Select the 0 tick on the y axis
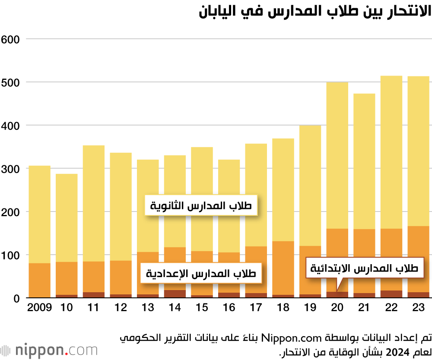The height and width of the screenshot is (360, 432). (16, 298)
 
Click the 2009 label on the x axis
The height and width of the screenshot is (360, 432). (39, 308)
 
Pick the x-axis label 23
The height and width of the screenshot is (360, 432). (419, 308)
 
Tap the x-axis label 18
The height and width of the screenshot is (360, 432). (283, 308)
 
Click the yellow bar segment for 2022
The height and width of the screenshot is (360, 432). (391, 151)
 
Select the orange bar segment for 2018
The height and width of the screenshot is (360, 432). (283, 268)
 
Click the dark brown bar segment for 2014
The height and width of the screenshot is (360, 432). (175, 294)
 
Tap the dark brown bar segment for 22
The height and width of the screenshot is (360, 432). (391, 294)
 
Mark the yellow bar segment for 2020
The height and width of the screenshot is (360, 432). (337, 155)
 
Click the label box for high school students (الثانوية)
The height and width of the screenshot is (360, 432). (201, 206)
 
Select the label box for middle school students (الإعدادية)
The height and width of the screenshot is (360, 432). (201, 273)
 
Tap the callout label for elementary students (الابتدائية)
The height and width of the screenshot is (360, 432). (365, 268)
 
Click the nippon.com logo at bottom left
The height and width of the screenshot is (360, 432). (49, 350)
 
